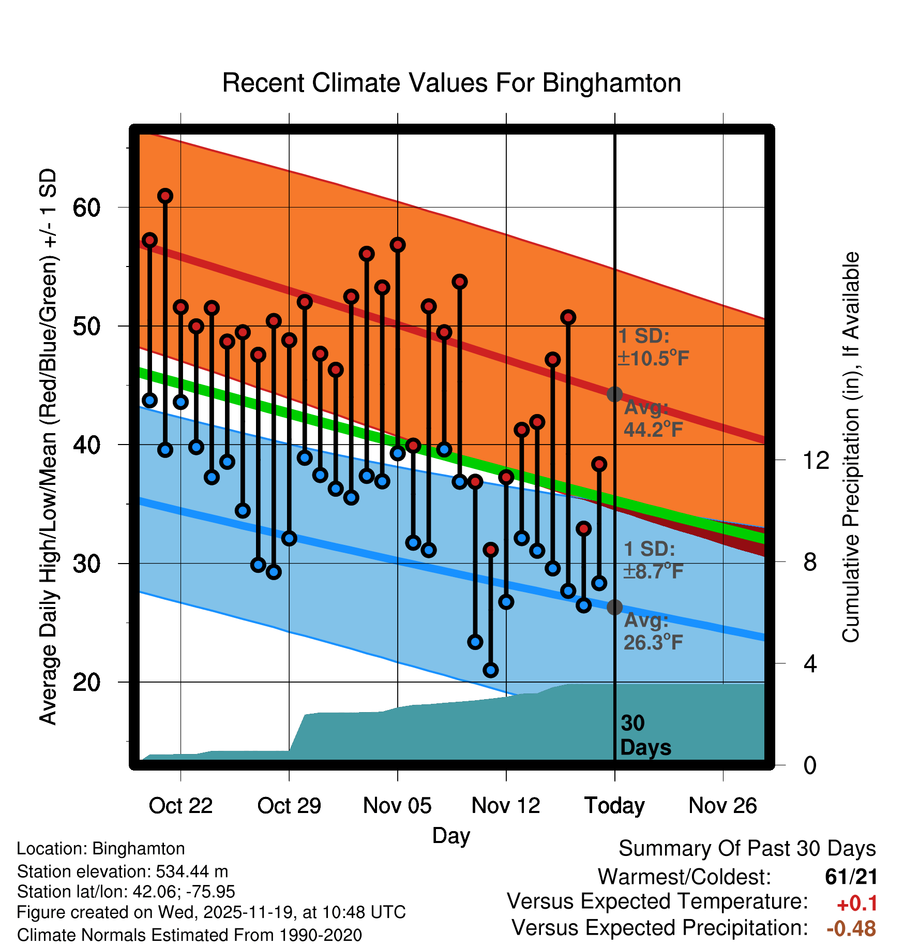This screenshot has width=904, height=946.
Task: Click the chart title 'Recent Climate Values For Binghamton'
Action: [x=451, y=83]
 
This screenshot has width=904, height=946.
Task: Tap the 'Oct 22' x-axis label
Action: [x=180, y=806]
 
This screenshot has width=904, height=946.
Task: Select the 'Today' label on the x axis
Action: [x=614, y=806]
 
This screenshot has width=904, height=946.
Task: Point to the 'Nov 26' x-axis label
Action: [x=722, y=806]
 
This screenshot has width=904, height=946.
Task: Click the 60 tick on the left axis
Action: [x=86, y=208]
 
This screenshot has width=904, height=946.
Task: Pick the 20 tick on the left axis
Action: [x=86, y=682]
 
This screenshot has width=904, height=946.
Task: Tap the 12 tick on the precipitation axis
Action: [x=816, y=460]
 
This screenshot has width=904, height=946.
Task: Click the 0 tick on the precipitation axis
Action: [x=810, y=765]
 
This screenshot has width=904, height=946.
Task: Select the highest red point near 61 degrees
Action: [x=165, y=196]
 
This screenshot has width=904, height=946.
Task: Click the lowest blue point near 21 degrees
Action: [x=491, y=670]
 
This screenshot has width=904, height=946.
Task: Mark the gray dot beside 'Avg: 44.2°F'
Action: [x=614, y=394]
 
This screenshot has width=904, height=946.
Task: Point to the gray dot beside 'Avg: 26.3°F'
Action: [x=614, y=607]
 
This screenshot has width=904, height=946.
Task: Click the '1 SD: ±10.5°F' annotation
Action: [x=653, y=347]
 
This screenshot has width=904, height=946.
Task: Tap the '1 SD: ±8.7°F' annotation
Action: [x=653, y=560]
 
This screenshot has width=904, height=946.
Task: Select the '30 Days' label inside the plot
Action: [x=645, y=735]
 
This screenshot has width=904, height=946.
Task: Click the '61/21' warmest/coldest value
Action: [x=851, y=877]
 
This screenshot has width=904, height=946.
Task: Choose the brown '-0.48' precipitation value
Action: [x=851, y=928]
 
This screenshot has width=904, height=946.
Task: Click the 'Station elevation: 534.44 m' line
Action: [x=123, y=871]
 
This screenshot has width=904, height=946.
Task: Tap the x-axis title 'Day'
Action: [x=451, y=836]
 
